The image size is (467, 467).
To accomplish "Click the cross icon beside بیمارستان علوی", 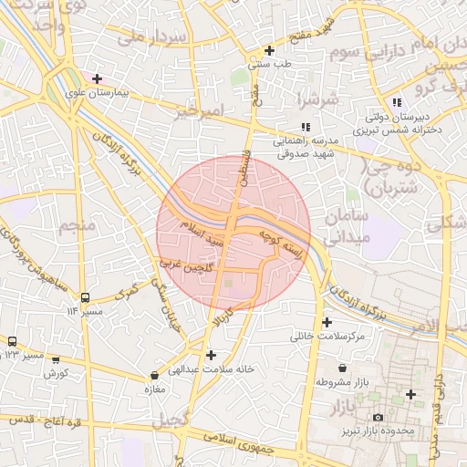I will pos(97,79).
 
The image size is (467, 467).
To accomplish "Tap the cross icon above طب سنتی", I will pos(268,51).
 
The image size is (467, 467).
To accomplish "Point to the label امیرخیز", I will pos(198,112).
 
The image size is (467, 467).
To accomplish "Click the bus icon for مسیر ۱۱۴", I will pos(85,297).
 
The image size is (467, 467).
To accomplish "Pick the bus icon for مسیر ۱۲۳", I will pos(13,340).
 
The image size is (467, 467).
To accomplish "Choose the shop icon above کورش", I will pos(57,360).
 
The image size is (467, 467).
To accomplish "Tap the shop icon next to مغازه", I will pos(153,375).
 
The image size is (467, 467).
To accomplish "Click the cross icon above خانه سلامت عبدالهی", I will pos(212,355).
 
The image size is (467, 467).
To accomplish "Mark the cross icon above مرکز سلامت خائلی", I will pos(327,322).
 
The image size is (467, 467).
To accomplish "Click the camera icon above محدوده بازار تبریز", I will pos(378,417).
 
